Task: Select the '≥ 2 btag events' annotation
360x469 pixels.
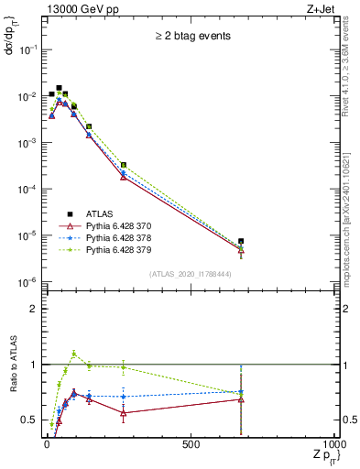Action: tap(191, 37)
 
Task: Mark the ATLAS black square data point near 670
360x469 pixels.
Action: tap(240, 242)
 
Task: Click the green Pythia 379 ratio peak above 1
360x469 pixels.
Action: tap(74, 354)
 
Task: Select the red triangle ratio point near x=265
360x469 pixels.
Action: tap(123, 413)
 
